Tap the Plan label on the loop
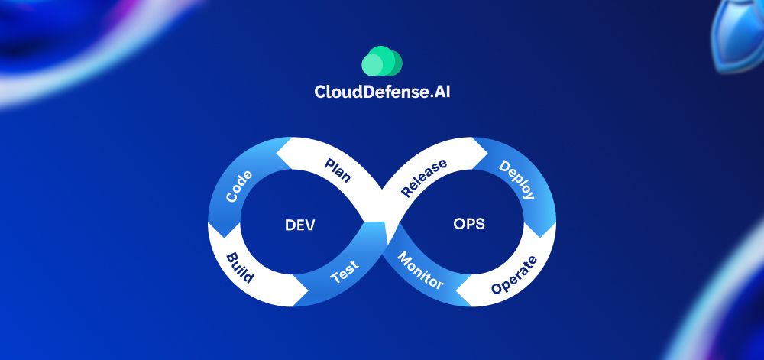[x=338, y=170]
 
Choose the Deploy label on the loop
[x=516, y=180]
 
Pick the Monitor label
[x=420, y=270]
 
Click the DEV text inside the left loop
[x=300, y=225]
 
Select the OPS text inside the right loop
[x=468, y=225]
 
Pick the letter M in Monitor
[x=403, y=256]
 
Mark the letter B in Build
[x=231, y=255]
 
